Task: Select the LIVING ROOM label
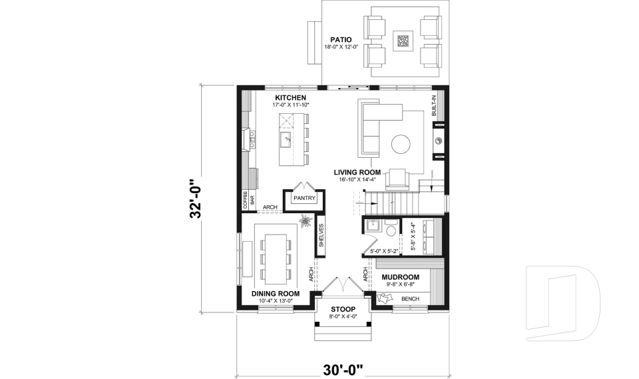tap(361, 172)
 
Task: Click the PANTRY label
tap(304, 198)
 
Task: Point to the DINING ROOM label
tap(275, 293)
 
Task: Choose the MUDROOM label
tap(400, 276)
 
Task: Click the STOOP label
tap(343, 309)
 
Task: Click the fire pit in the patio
tap(403, 41)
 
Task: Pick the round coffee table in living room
tap(401, 144)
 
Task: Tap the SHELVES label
tap(321, 235)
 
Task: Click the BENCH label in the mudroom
tap(410, 299)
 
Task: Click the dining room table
tap(274, 256)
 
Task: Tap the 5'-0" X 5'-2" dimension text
tap(384, 251)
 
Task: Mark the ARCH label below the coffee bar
tap(270, 207)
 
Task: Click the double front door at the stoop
tap(343, 284)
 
